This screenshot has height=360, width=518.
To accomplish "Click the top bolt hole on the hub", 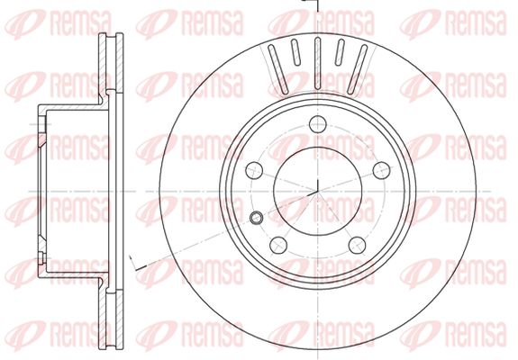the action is pos(318,124).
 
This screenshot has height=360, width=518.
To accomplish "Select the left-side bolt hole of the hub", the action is pos(254,171).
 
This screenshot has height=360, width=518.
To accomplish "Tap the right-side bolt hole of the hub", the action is pos(382,171).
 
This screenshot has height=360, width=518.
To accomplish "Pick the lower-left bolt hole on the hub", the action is pos(278,245).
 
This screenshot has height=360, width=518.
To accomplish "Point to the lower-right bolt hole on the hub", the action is pos(357,245).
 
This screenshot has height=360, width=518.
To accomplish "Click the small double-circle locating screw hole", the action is pos(256,217).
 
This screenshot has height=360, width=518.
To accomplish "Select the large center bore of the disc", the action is pos(318,191).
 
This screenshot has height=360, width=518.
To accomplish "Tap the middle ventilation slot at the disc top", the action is pos(318,63).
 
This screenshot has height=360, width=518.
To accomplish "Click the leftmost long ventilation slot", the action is pos(278,69).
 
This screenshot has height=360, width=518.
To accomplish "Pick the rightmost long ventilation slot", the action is pos(358,69).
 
